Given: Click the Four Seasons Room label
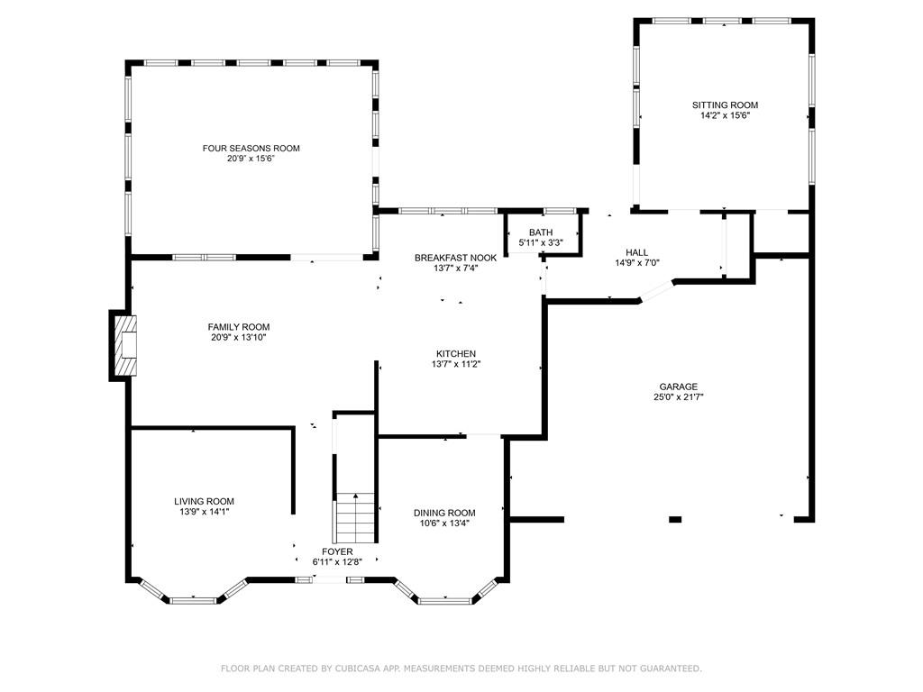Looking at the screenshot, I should tap(251, 148).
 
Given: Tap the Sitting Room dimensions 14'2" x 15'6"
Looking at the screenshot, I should tap(725, 115).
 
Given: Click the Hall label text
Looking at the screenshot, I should tap(637, 252).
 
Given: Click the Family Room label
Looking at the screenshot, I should tap(239, 327).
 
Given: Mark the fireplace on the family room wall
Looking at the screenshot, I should tap(125, 345).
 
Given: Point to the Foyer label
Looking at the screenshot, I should tap(338, 551).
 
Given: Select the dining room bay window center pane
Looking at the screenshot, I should tap(444, 599).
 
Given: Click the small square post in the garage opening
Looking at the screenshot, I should tap(675, 519).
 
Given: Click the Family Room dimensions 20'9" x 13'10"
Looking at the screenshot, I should tap(239, 338).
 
